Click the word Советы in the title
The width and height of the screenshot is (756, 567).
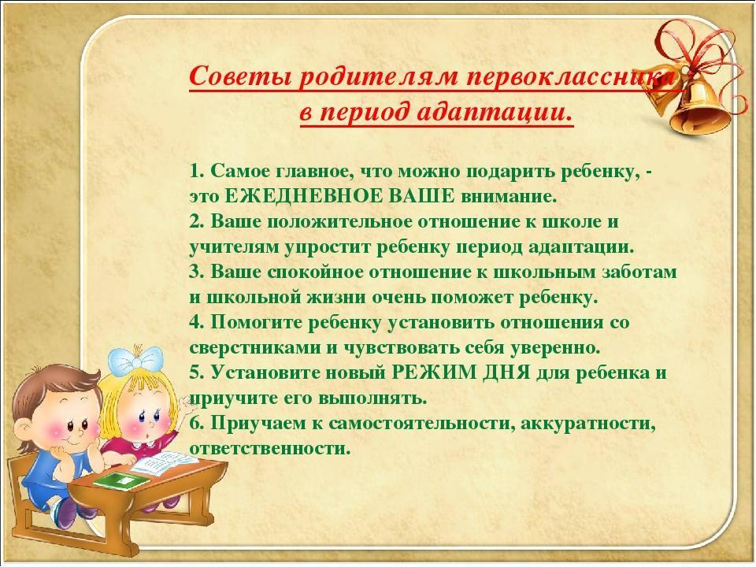coord(239,76)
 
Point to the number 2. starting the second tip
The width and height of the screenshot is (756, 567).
coord(198,221)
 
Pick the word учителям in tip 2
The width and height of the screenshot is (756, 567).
coord(235,246)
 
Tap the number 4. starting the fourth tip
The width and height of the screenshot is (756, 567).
coord(198,322)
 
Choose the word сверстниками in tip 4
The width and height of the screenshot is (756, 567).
coord(255,347)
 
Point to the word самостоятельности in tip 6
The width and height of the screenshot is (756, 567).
coord(422,424)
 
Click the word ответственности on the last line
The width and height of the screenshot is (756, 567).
coord(269,448)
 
